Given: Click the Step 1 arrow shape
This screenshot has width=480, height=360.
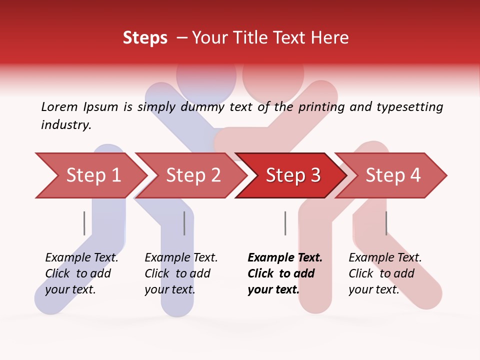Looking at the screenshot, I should tap(90, 175).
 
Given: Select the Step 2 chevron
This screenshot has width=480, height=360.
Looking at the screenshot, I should tap(192, 175).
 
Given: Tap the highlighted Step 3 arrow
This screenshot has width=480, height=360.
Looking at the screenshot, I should tap(292, 175).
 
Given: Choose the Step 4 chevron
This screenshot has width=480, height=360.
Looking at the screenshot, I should tap(392, 175).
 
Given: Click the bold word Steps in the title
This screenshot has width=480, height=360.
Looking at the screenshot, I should tap(145, 38).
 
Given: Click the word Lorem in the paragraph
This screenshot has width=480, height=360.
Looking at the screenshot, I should tap(59, 106).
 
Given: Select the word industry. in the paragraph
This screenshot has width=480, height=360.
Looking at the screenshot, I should tap(66, 125).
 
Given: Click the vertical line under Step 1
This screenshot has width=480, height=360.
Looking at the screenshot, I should tap(84, 223).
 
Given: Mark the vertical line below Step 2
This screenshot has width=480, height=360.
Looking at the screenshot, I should tap(184, 223).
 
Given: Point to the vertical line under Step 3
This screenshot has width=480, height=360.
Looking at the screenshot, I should tap(285, 223).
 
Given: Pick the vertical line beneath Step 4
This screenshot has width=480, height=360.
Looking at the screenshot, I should tap(386, 223).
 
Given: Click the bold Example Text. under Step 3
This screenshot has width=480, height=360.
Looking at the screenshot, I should tap(285, 257).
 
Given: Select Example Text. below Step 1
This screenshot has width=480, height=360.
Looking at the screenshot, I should tap(81, 257).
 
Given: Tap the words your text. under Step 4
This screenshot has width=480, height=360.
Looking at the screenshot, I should tap(373, 289).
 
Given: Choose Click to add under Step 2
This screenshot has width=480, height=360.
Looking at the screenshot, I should tap(177, 273).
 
